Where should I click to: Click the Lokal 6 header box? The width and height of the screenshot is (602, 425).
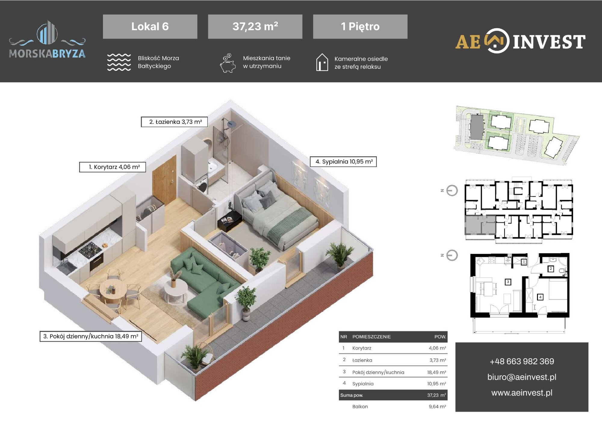click(x=150, y=26)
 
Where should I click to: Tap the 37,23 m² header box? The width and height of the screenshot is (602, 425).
click(x=255, y=26)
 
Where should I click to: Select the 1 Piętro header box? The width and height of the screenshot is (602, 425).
click(x=360, y=26)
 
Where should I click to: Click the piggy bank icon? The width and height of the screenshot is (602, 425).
click(x=228, y=63)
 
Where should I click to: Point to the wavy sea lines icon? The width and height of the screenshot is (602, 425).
click(x=119, y=62)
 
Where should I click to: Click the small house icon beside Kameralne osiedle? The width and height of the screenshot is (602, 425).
click(x=322, y=62)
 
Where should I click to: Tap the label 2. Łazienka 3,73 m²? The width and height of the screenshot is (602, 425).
click(x=174, y=122)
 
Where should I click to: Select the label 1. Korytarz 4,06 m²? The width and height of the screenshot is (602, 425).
click(x=113, y=167)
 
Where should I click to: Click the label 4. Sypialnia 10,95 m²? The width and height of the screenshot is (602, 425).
click(x=343, y=162)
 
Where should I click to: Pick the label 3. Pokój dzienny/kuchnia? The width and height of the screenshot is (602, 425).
click(x=91, y=336)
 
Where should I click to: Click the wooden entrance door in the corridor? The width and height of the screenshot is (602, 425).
click(x=164, y=180)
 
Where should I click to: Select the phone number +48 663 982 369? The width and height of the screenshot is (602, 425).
click(x=522, y=361)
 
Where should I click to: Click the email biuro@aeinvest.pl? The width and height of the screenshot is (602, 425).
click(x=522, y=377)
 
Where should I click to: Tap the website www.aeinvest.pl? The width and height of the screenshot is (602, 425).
click(x=522, y=393)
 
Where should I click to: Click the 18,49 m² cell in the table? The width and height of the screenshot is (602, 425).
click(x=436, y=372)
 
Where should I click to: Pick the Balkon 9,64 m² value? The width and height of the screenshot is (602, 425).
click(x=437, y=407)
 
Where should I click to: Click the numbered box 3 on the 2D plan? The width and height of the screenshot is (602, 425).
click(x=508, y=282)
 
